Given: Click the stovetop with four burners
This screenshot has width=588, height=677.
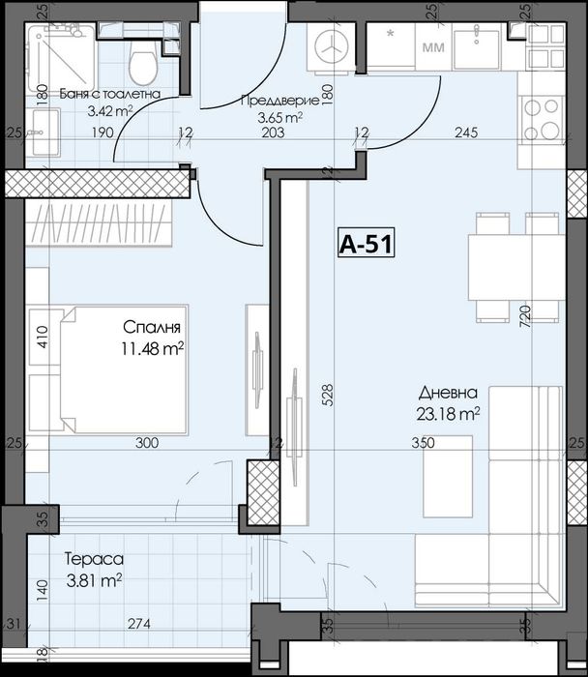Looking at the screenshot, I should pyautogui.click(x=540, y=120).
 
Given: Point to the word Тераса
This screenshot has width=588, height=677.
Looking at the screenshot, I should pyautogui.click(x=93, y=558).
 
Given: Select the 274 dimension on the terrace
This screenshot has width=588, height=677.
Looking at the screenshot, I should pyautogui.click(x=141, y=625).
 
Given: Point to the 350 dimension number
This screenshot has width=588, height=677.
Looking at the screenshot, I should pyautogui.click(x=423, y=443).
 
